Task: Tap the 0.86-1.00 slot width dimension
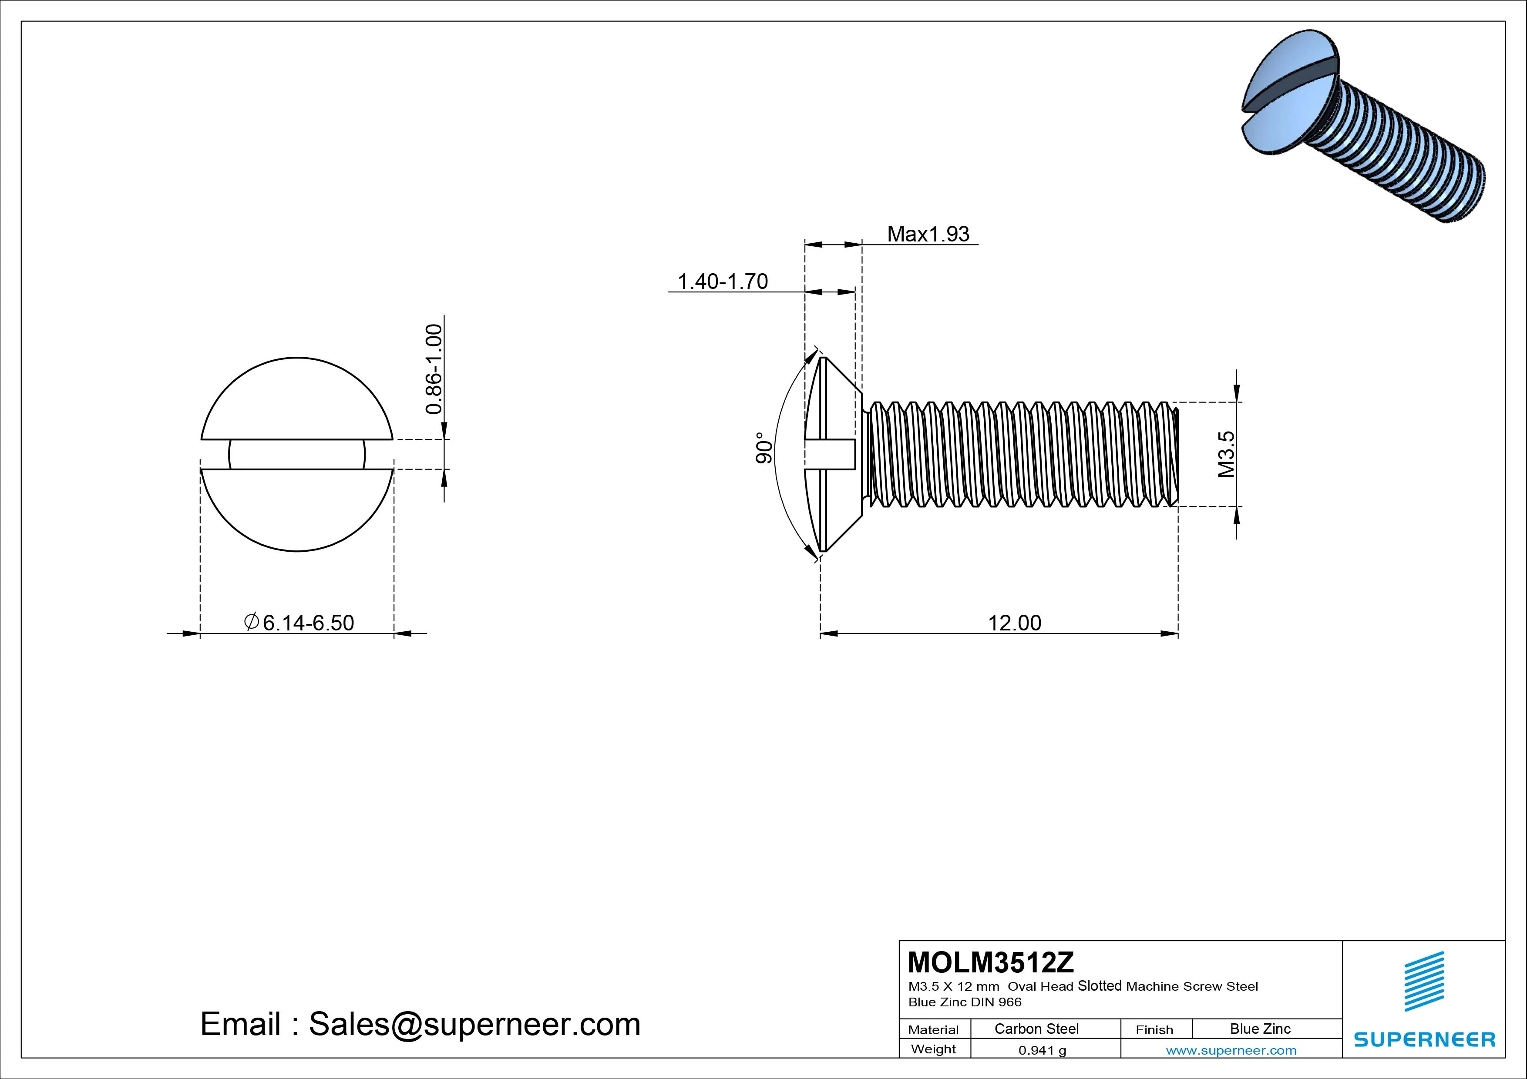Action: (x=434, y=369)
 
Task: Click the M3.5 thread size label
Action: (x=1226, y=454)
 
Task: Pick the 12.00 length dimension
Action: (x=1014, y=623)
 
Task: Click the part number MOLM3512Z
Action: (x=990, y=962)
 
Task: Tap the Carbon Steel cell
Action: (x=1036, y=1029)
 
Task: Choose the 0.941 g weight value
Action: (x=1042, y=1050)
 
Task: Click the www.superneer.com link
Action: (x=1231, y=1050)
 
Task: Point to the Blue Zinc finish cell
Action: (x=1260, y=1029)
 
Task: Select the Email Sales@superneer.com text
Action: (x=420, y=1024)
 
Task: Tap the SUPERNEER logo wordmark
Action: (x=1425, y=1039)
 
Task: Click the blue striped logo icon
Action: (x=1424, y=981)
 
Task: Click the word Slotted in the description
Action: (x=1100, y=986)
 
